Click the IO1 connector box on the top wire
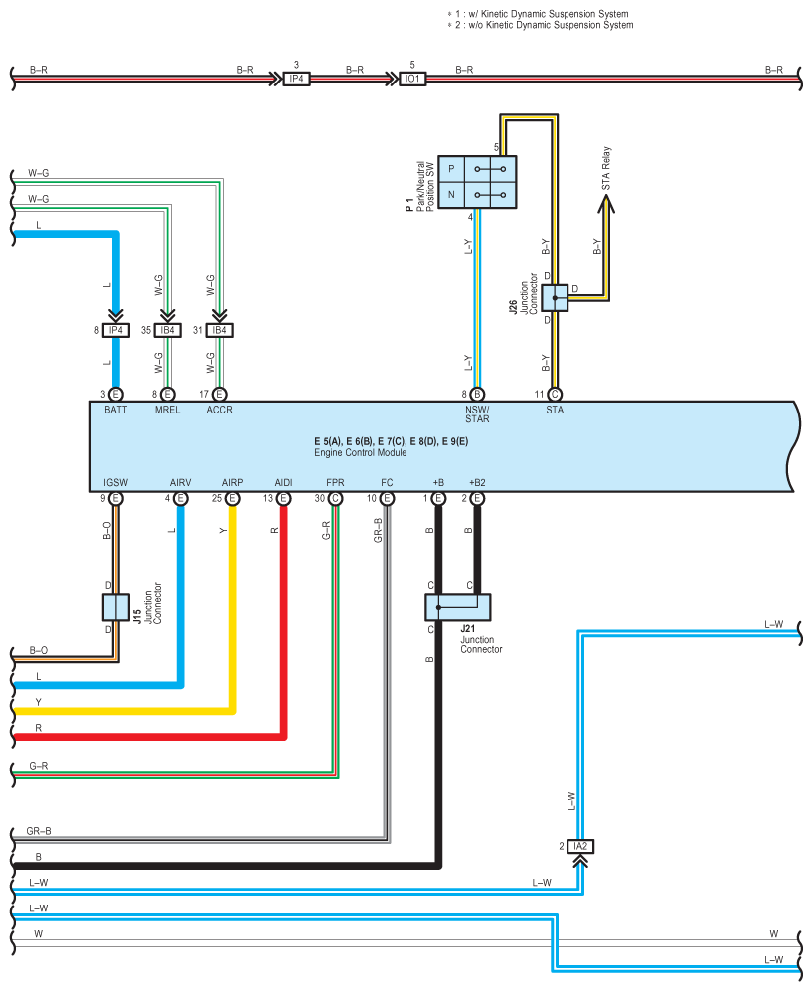coord(412,79)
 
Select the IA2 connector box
coord(580,846)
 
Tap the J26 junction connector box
coord(555,297)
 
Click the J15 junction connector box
coord(116,607)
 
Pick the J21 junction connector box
coord(458,607)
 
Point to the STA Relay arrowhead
coord(606,204)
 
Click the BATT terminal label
coord(115,410)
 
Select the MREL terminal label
coord(167,410)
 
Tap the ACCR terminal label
coord(220,410)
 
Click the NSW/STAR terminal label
coord(477,413)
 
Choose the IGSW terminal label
coord(115,482)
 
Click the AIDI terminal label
coord(283,482)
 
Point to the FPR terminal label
coord(336,482)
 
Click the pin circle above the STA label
coord(555,395)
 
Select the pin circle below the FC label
coord(387,499)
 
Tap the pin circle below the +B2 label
coord(477,499)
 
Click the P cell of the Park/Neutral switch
coord(451,169)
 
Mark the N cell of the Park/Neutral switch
coord(451,195)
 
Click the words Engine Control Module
coord(360,452)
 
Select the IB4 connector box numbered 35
coord(167,330)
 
